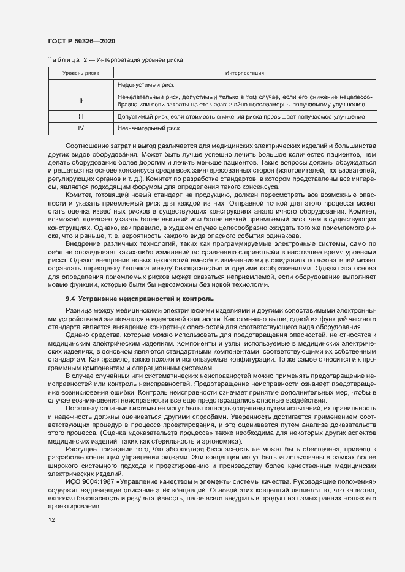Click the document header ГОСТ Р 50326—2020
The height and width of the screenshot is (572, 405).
click(81, 41)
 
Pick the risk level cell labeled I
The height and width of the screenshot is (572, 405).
click(81, 84)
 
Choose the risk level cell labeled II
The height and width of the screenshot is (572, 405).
click(81, 100)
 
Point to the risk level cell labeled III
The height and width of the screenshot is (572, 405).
click(81, 116)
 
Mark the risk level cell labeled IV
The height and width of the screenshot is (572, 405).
click(81, 128)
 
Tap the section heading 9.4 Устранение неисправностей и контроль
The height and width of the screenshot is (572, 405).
click(139, 299)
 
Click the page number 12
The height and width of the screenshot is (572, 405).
click(51, 519)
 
